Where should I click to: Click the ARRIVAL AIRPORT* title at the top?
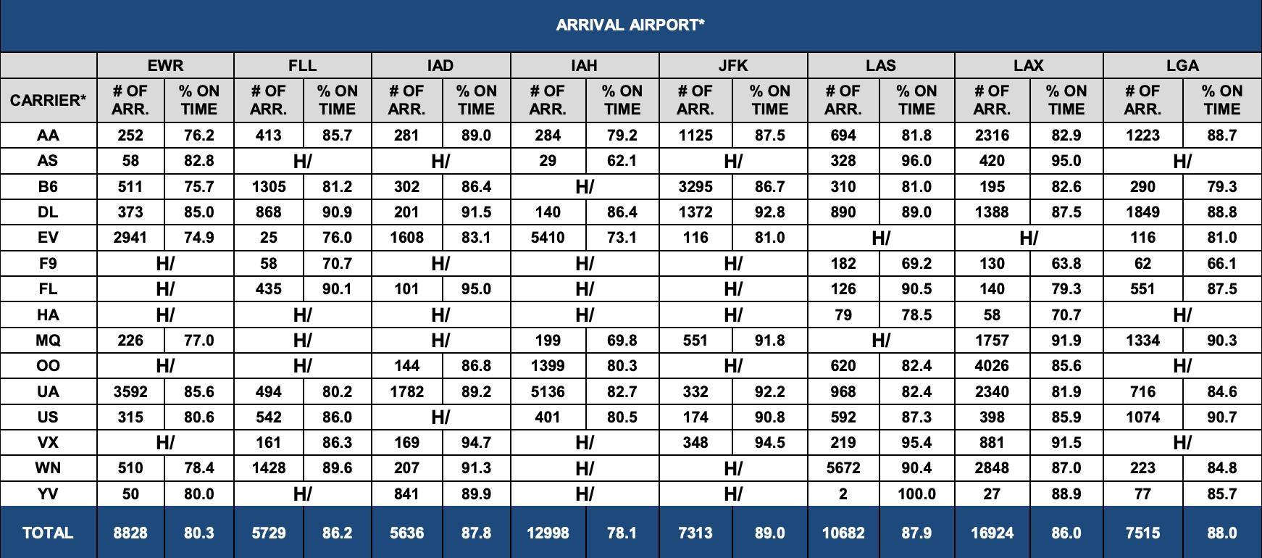[630, 25]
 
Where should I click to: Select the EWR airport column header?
[165, 65]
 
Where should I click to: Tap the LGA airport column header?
[1182, 65]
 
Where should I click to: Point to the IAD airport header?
[440, 65]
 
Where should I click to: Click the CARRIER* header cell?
[48, 100]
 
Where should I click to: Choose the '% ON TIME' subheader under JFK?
[769, 100]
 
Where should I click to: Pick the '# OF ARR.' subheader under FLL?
[268, 100]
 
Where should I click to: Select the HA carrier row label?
[48, 315]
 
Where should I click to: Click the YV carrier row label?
[48, 494]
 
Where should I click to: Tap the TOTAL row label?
[48, 533]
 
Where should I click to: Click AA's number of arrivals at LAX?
[992, 136]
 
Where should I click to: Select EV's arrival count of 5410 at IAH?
[548, 238]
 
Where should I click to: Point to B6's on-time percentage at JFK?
[769, 186]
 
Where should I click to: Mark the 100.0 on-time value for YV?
[916, 494]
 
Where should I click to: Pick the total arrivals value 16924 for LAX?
[992, 533]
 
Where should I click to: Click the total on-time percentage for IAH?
[622, 533]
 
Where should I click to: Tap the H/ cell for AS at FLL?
[302, 161]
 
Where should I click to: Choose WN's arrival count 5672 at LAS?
[843, 468]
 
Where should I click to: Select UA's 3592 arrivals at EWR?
[130, 391]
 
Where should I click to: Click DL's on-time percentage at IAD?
[476, 212]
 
